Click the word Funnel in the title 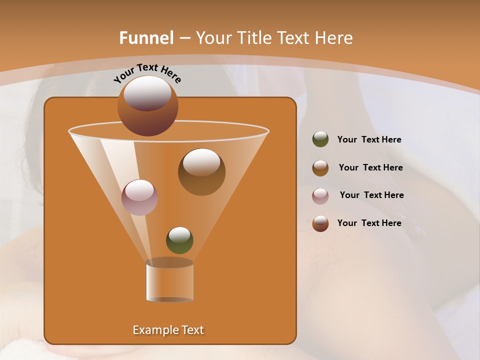tap(146, 38)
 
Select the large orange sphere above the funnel tap(147, 106)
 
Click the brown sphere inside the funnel tap(201, 172)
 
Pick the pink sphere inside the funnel tap(139, 197)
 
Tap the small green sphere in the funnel tap(179, 240)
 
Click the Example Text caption tap(168, 330)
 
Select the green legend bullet tap(320, 139)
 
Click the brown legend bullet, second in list tap(320, 168)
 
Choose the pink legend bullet tap(320, 196)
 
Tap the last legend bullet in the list tap(320, 223)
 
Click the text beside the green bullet tap(369, 139)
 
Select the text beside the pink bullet tap(371, 195)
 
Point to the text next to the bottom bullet tap(369, 223)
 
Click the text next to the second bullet tap(370, 167)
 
